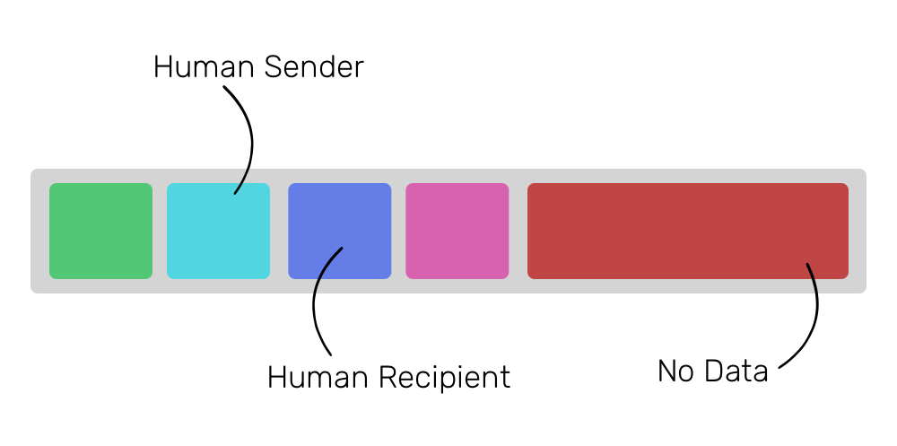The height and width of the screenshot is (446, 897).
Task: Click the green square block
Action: [100, 231]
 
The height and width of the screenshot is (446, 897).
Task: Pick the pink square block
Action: [457, 231]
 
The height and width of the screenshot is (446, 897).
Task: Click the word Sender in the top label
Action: [313, 67]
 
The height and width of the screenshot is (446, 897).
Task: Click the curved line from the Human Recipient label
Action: [315, 305]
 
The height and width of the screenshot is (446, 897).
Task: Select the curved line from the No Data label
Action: [817, 314]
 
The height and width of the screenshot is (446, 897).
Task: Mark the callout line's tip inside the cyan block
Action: [235, 193]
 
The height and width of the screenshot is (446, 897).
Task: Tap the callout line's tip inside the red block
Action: [807, 264]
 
